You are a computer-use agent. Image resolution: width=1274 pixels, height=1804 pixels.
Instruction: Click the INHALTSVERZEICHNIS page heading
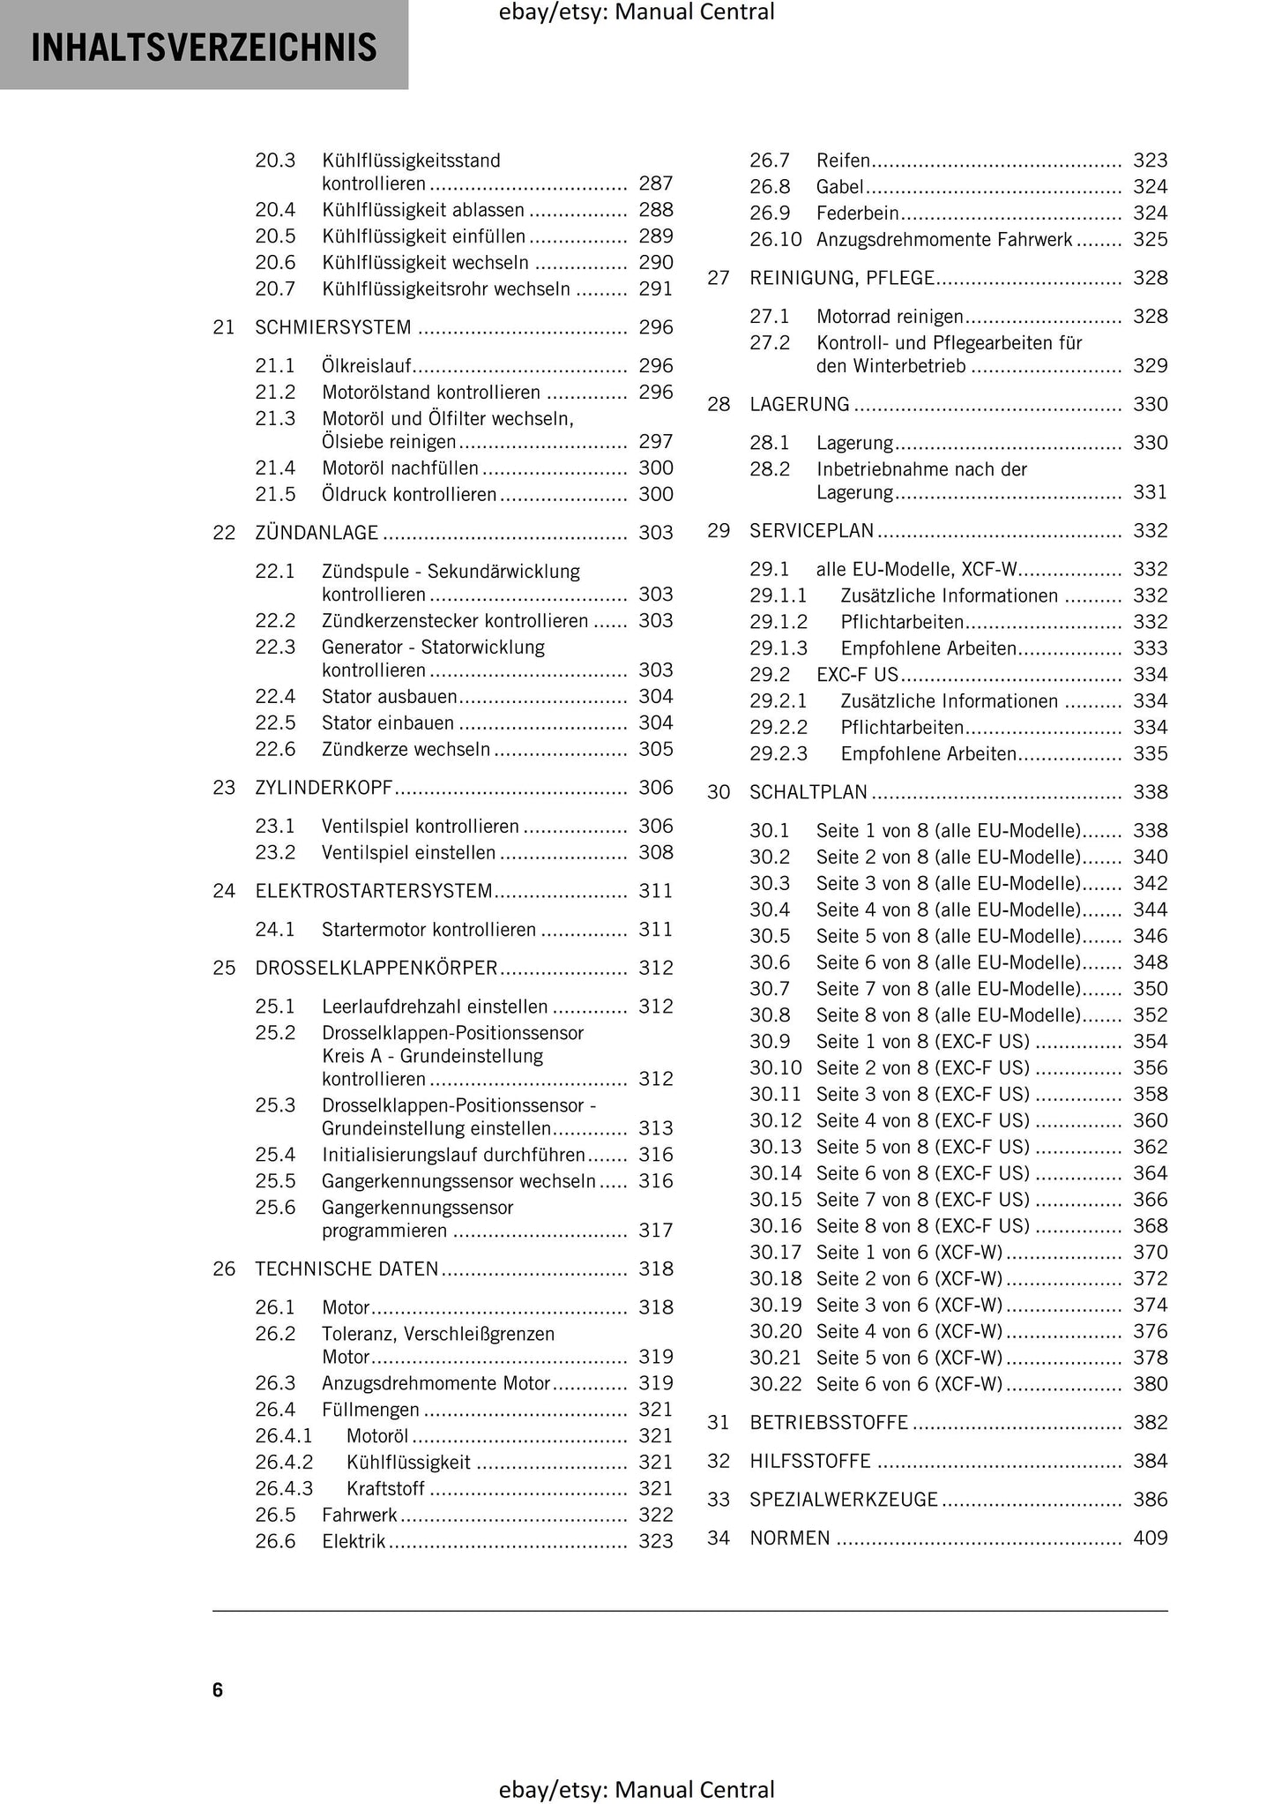204,48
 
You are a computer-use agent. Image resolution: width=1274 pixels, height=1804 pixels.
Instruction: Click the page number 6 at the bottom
218,1689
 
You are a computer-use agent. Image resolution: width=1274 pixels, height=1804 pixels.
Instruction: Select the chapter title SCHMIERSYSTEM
333,327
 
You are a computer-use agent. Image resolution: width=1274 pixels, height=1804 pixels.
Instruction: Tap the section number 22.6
275,749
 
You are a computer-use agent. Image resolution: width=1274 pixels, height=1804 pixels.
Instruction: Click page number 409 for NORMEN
1150,1538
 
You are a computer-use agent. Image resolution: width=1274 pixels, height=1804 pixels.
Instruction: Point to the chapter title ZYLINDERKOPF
324,788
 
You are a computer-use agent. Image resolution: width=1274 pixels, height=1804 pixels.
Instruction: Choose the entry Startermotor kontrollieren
428,929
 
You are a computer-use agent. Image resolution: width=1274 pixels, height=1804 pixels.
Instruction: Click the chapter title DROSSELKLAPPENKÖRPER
376,968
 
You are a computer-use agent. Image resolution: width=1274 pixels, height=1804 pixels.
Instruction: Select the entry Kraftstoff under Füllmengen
385,1488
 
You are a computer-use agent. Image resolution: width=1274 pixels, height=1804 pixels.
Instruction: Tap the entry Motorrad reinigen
890,316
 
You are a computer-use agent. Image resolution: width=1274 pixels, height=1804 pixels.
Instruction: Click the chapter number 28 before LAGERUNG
719,404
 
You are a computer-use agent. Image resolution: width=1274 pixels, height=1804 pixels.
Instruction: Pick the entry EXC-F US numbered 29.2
857,675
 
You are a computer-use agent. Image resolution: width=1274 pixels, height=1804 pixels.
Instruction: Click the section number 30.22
776,1384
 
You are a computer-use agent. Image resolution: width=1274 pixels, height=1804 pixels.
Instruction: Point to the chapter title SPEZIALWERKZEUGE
844,1500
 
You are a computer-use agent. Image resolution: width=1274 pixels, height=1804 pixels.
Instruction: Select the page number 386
1150,1500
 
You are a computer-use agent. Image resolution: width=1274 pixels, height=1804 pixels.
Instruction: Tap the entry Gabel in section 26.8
839,187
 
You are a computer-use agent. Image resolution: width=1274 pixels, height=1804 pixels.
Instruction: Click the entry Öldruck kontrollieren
409,495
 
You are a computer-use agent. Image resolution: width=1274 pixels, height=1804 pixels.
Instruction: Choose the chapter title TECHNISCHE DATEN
346,1269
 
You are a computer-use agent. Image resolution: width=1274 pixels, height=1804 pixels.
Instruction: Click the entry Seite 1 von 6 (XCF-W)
909,1253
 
